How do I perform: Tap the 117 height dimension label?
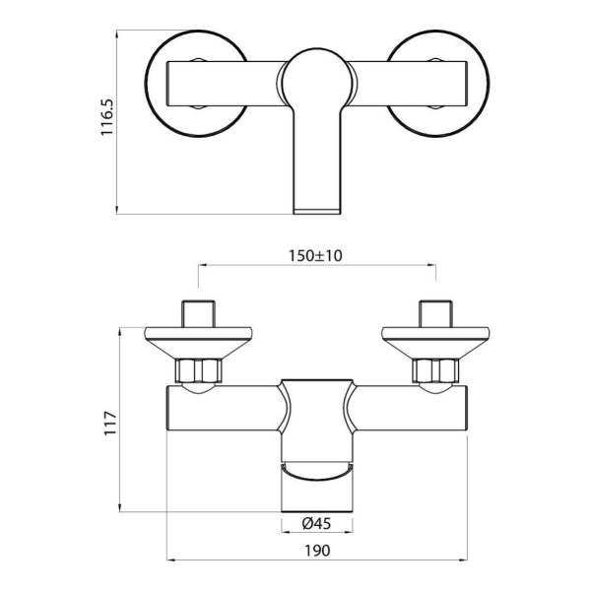click(109, 422)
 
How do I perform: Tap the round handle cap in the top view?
click(317, 79)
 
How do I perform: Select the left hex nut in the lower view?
click(200, 372)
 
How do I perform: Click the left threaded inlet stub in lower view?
click(200, 312)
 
